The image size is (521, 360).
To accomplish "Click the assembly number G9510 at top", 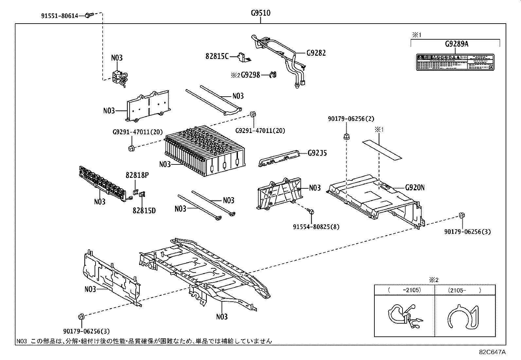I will pyautogui.click(x=260, y=13).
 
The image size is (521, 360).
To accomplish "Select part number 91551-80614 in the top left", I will pyautogui.click(x=60, y=15).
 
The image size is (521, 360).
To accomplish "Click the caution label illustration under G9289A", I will pyautogui.click(x=455, y=62).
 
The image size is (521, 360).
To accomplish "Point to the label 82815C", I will pyautogui.click(x=217, y=56).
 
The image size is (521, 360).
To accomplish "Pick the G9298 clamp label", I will pyautogui.click(x=250, y=75).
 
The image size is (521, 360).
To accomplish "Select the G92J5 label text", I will pyautogui.click(x=317, y=153).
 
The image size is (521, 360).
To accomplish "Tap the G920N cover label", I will pyautogui.click(x=415, y=187).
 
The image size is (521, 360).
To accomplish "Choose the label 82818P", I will pyautogui.click(x=137, y=175).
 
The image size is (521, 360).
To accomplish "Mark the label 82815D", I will pyautogui.click(x=144, y=210).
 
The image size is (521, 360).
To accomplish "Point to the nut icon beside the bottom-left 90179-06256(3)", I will pyautogui.click(x=81, y=317).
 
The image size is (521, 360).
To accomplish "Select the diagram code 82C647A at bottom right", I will pyautogui.click(x=492, y=352).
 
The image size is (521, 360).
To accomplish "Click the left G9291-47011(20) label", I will pyautogui.click(x=137, y=132).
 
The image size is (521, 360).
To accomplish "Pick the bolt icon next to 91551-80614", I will pyautogui.click(x=88, y=15).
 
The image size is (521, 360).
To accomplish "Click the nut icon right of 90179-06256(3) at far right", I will pyautogui.click(x=462, y=216).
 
